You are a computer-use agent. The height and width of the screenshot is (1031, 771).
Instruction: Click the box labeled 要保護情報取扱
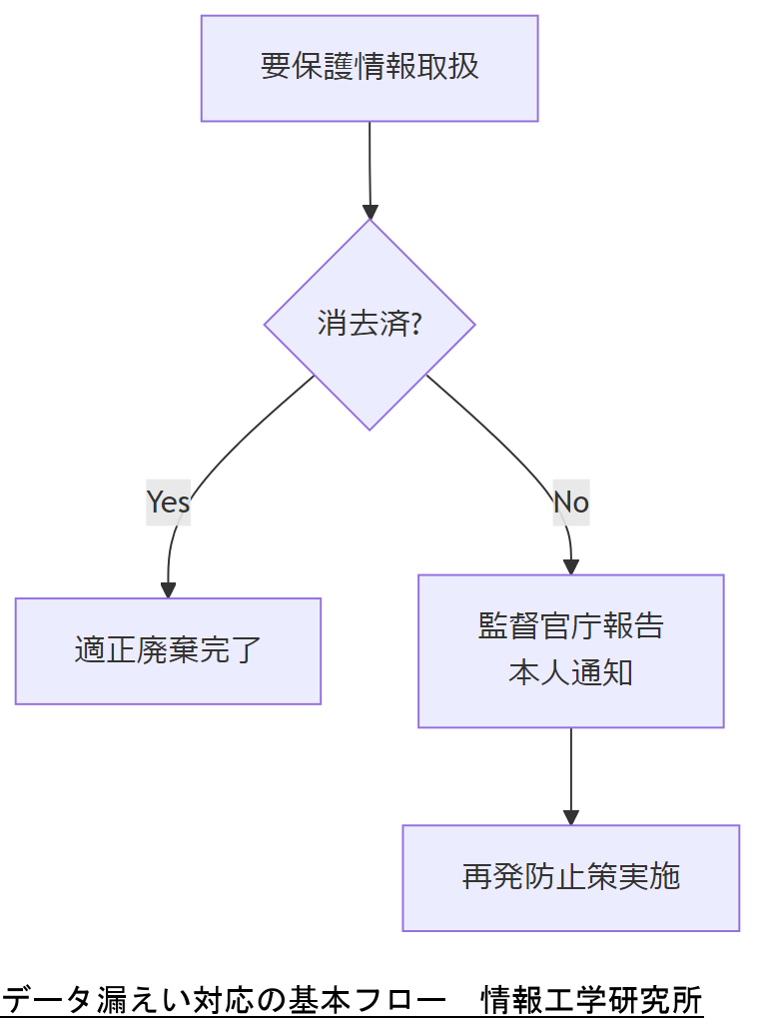tap(370, 68)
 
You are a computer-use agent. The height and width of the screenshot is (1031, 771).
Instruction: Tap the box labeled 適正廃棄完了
tap(168, 650)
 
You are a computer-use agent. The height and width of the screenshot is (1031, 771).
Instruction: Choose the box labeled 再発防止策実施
tap(570, 877)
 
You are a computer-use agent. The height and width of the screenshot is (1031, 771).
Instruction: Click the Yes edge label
tap(168, 502)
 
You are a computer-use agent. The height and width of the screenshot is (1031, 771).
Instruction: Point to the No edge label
tap(571, 502)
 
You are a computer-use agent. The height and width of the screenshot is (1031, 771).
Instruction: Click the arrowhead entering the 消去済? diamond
tap(371, 212)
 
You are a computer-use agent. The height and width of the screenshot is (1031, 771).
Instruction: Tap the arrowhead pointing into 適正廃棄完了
tap(168, 589)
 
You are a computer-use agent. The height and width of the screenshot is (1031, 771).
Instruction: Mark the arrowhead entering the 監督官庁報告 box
tap(571, 566)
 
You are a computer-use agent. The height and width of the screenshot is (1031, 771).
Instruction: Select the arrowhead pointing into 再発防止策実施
tap(571, 816)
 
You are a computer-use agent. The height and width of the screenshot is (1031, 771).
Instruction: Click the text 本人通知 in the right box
tap(570, 672)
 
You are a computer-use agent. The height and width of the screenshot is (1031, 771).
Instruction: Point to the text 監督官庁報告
tap(570, 626)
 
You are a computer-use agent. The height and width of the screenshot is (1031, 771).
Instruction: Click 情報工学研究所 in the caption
tap(591, 1000)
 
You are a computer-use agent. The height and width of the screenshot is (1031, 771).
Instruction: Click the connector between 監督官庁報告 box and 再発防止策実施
tap(571, 769)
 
